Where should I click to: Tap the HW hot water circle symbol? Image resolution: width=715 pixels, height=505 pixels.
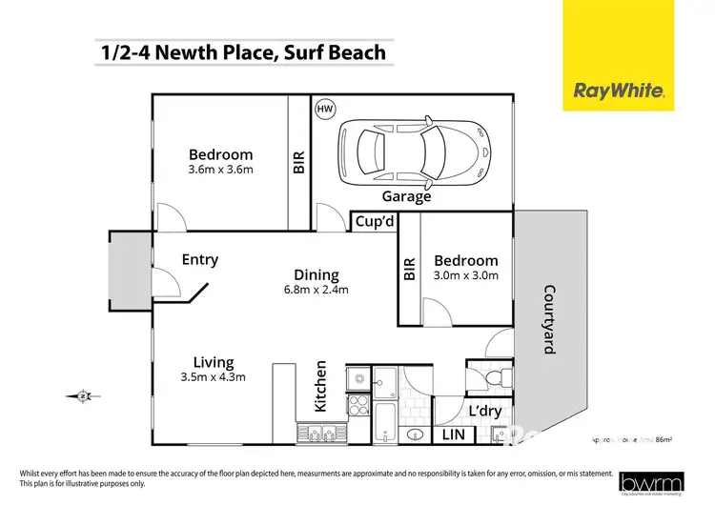point(325,110)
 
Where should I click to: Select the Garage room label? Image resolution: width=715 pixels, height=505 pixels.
point(406,197)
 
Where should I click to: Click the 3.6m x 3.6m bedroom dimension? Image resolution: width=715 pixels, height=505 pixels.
point(220,171)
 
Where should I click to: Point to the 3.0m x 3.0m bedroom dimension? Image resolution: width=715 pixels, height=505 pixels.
point(465,276)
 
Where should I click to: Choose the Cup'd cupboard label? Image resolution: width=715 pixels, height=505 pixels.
point(375,222)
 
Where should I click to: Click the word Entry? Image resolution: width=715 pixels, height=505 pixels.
point(199,259)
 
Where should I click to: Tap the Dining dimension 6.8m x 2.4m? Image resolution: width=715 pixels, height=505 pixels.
point(317,289)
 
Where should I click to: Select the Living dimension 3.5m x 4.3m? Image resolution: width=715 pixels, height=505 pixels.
point(213,376)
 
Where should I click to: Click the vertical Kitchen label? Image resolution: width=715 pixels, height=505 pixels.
point(321,386)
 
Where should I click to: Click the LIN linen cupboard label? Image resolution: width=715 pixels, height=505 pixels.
point(453,435)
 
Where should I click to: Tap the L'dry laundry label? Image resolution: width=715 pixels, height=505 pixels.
point(485,411)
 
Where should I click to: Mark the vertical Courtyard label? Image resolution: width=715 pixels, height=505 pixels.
point(548,319)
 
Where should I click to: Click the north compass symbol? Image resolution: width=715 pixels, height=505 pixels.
point(83,395)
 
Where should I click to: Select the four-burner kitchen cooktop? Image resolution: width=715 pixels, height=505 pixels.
point(357,405)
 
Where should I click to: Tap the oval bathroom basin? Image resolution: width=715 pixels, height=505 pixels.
point(416,434)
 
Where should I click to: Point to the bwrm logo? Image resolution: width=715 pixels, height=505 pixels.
point(650,482)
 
